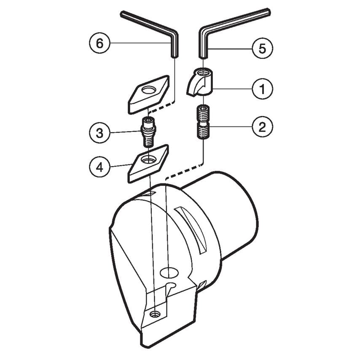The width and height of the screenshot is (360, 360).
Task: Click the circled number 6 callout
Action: pyautogui.click(x=99, y=43)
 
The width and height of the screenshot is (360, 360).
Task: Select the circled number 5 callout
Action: pyautogui.click(x=263, y=48)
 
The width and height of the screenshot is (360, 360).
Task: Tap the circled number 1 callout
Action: pyautogui.click(x=263, y=89)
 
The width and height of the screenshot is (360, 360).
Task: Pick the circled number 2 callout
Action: pyautogui.click(x=263, y=127)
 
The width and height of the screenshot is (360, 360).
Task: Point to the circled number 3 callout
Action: pyautogui.click(x=99, y=133)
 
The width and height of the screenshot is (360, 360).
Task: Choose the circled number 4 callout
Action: pyautogui.click(x=99, y=167)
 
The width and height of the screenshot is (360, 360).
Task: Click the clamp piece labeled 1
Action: pyautogui.click(x=199, y=83)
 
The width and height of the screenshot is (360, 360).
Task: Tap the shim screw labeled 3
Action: pyautogui.click(x=148, y=132)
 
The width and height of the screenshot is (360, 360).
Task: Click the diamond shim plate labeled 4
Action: pyautogui.click(x=148, y=164)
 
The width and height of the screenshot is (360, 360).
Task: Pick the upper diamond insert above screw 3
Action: pyautogui.click(x=148, y=94)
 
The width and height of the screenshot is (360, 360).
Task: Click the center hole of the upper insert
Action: pyautogui.click(x=148, y=90)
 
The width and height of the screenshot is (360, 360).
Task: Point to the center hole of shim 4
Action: pyautogui.click(x=148, y=159)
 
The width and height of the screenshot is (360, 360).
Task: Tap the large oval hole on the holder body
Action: pyautogui.click(x=169, y=272)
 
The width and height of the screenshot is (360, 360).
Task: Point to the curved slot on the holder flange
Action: pyautogui.click(x=191, y=230)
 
